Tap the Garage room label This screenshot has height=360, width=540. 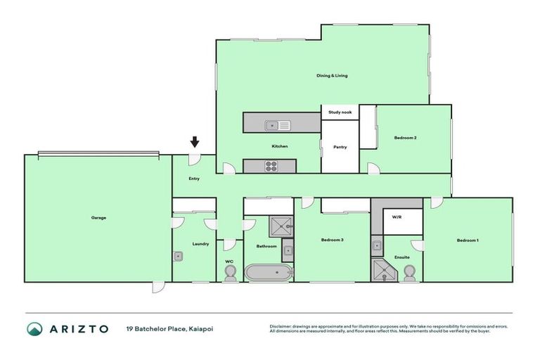(x=98, y=217)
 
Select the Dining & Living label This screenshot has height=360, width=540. (x=333, y=75)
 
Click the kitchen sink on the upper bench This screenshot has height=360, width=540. (x=277, y=126)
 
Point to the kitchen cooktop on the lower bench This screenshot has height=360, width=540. (x=271, y=167)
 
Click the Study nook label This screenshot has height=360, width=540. (x=340, y=112)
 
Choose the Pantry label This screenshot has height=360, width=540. (x=340, y=147)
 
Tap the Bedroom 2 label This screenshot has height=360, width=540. (x=406, y=138)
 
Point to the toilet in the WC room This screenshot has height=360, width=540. (x=229, y=274)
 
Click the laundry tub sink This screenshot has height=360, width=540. (x=179, y=257)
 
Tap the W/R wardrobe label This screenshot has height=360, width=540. (x=397, y=217)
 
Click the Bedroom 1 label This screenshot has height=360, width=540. (x=468, y=240)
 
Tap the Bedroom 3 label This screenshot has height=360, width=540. (x=332, y=240)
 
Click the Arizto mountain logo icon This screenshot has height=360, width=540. (x=34, y=328)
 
